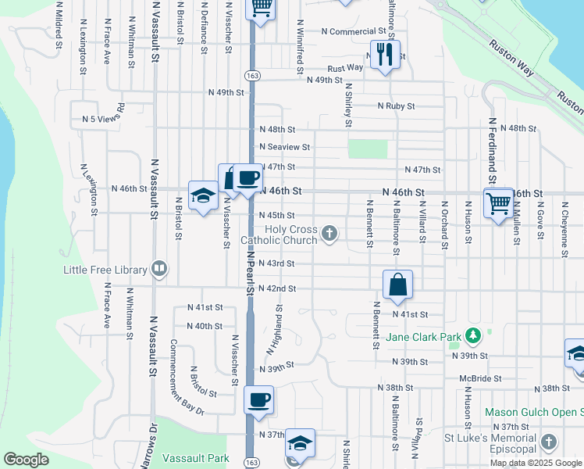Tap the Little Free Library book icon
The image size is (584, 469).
(x=159, y=269)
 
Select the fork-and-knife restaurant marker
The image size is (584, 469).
(x=385, y=54)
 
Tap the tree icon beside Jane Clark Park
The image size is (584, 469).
(x=472, y=335)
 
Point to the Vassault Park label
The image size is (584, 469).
(x=195, y=457)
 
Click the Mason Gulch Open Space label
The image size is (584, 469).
(x=533, y=412)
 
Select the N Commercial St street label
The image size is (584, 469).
(x=355, y=32)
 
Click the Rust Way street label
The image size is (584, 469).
(x=345, y=68)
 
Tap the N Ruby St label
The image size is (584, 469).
(x=395, y=106)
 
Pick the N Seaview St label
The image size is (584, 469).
(x=285, y=146)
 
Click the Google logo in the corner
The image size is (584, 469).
(x=26, y=460)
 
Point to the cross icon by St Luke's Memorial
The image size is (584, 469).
(x=549, y=442)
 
